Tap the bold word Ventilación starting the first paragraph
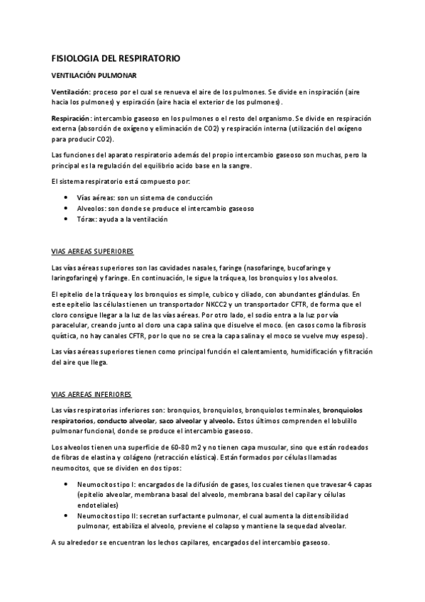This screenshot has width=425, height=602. click(71, 92)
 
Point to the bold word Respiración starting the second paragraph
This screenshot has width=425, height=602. click(71, 118)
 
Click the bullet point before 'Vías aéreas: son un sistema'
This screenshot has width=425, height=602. click(66, 197)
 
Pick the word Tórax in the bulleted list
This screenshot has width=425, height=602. click(86, 219)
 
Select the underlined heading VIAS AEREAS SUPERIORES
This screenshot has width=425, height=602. click(94, 251)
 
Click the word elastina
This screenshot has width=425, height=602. click(94, 456)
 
